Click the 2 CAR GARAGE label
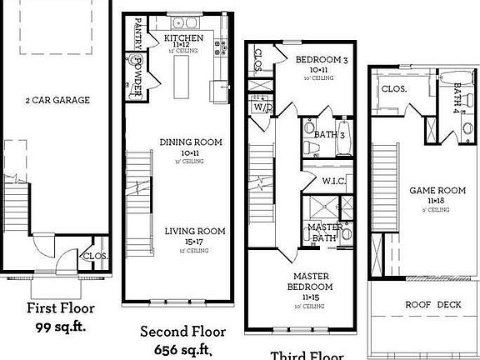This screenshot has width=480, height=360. pos(57,100)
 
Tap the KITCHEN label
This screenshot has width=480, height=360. pos(184,38)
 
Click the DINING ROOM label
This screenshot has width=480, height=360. pos(191,142)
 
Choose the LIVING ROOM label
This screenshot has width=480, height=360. pos(194,231)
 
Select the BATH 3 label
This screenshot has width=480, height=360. pos(330,133)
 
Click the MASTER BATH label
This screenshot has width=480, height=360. pos(321,233)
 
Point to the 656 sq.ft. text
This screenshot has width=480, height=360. pos(183,347)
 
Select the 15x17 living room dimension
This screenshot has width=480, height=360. pos(194,242)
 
